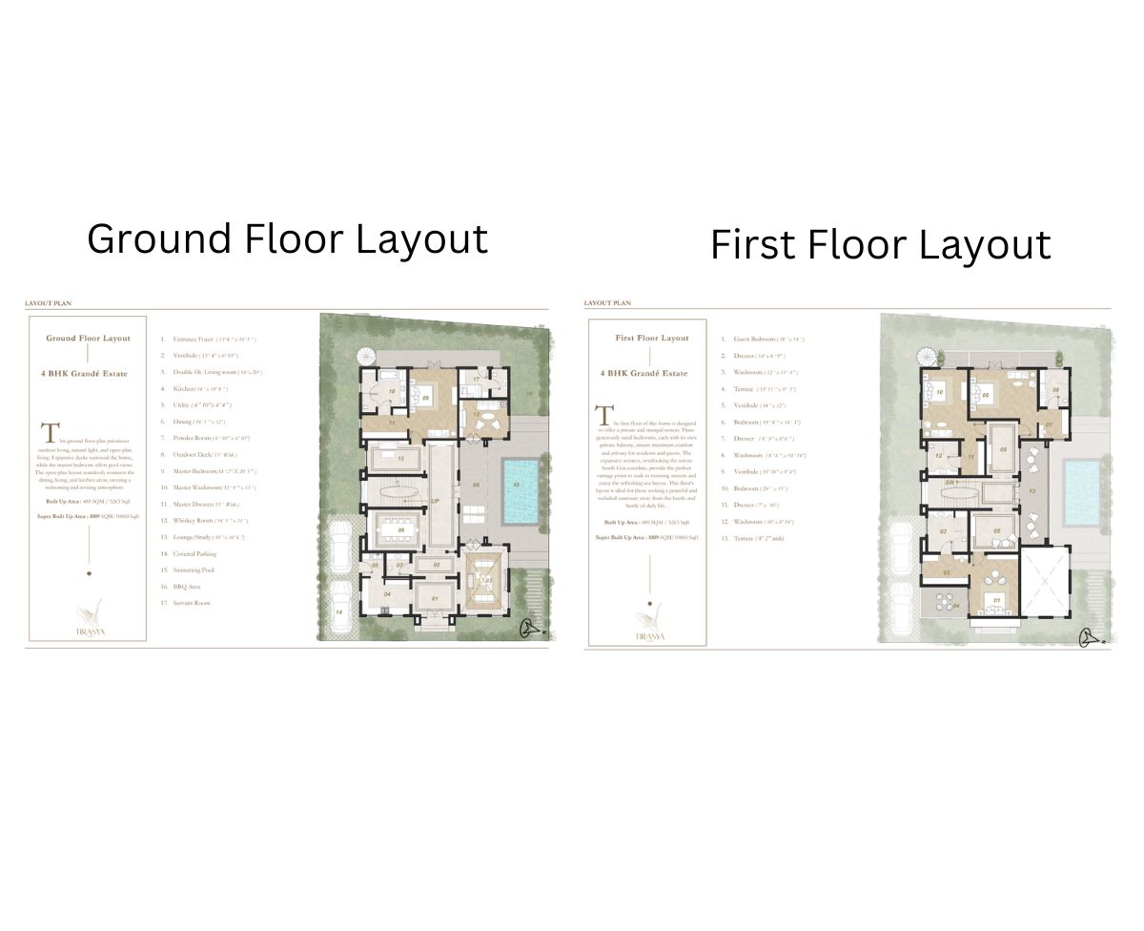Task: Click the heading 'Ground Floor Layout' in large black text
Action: [x=287, y=238]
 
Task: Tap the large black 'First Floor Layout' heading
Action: [x=880, y=245]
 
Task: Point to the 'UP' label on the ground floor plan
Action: [x=435, y=501]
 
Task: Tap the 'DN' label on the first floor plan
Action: [x=950, y=483]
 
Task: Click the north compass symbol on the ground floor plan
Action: [x=525, y=629]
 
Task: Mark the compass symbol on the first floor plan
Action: [x=1089, y=637]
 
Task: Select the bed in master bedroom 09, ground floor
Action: [x=419, y=396]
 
